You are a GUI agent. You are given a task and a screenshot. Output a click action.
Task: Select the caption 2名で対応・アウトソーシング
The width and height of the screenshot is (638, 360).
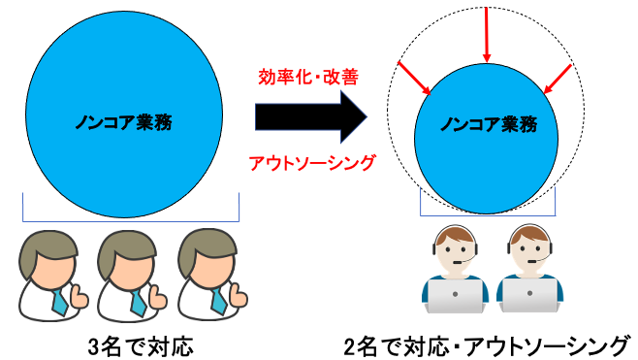pyautogui.click(x=487, y=344)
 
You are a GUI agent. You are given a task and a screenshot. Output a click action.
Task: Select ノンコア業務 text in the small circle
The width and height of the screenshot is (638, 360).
pyautogui.click(x=487, y=124)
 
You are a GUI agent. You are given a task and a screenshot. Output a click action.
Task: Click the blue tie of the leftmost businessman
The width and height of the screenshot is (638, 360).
pyautogui.click(x=60, y=300)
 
